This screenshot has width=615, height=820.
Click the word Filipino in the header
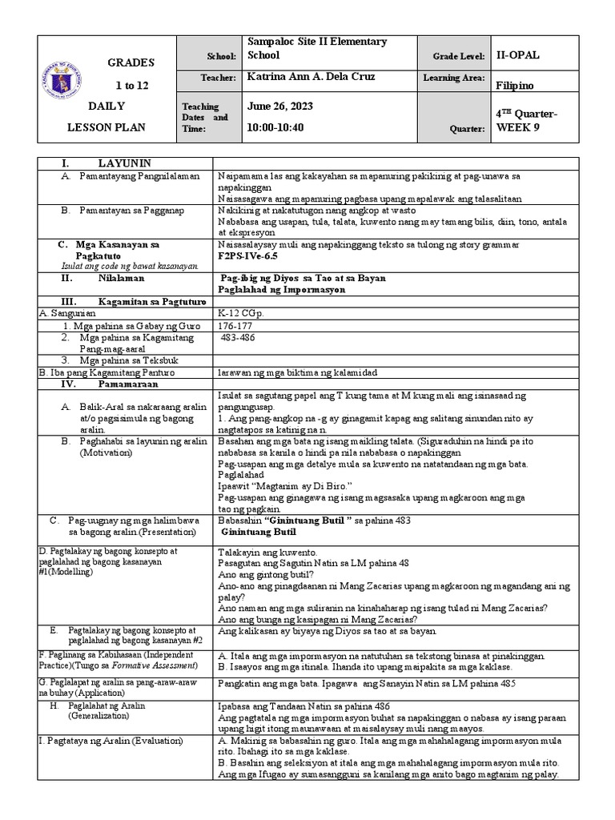[x=516, y=85]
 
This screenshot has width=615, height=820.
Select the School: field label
[x=222, y=56]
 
